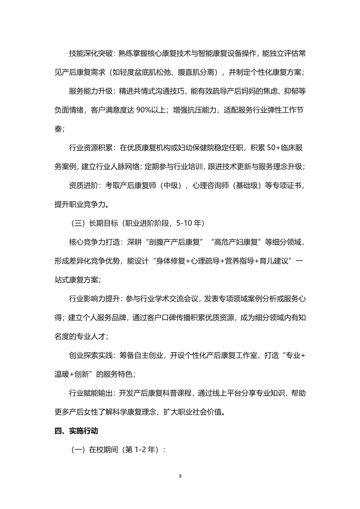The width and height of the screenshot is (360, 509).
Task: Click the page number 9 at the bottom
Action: [180, 476]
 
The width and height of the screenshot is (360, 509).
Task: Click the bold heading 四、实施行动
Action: [76, 431]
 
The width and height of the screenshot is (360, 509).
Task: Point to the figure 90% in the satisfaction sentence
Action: [144, 110]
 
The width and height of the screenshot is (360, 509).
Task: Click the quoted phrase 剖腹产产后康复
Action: [174, 242]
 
